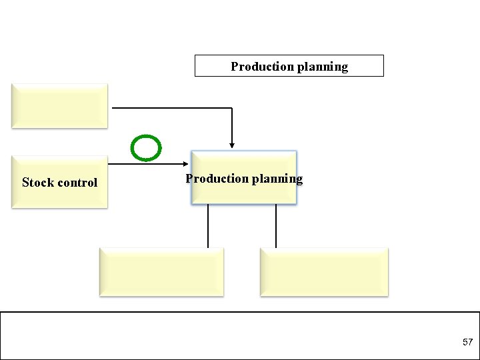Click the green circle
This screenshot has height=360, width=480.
[145, 148]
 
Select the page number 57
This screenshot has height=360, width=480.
[467, 342]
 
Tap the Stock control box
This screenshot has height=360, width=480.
[59, 182]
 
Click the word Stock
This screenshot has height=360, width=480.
[37, 183]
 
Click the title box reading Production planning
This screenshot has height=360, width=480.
[289, 66]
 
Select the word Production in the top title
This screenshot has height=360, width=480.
[260, 67]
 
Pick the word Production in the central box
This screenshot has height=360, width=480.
[214, 179]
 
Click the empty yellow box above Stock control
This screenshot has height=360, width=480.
[59, 105]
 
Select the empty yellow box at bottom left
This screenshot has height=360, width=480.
[161, 271]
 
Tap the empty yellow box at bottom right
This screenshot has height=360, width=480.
[323, 271]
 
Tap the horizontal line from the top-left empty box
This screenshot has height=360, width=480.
[170, 107]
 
